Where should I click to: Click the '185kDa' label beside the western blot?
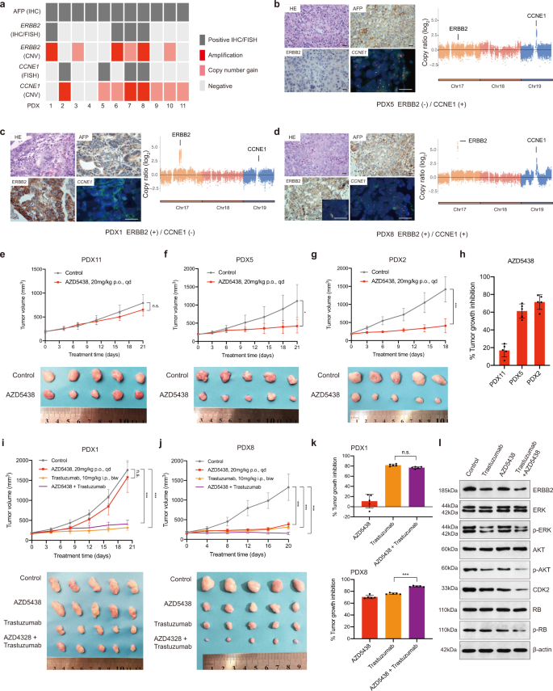pyautogui.click(x=425, y=468)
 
